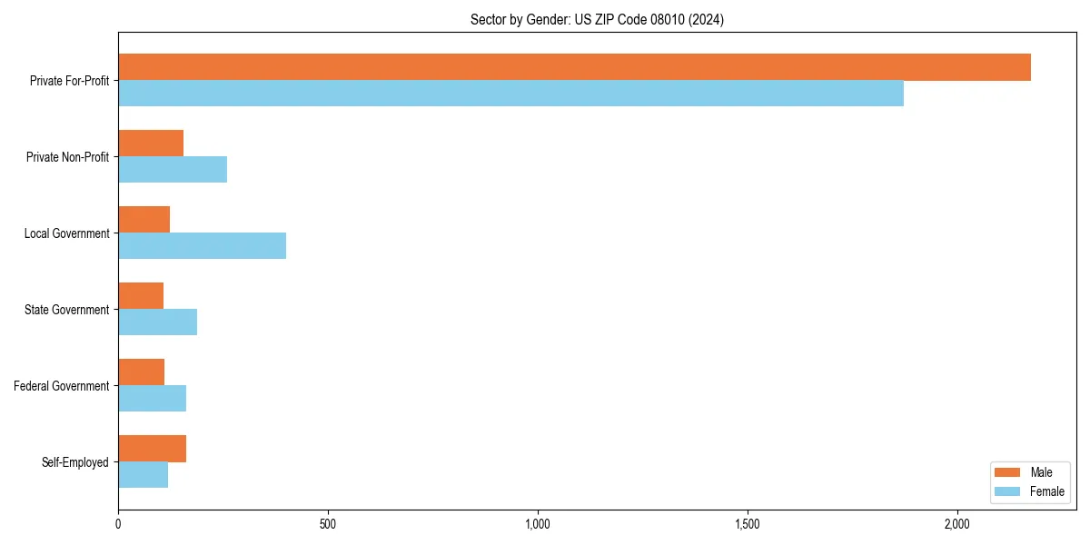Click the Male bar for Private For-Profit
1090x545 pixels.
click(x=574, y=67)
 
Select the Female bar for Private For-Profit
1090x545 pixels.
click(x=510, y=94)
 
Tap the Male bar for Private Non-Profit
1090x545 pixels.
click(x=151, y=144)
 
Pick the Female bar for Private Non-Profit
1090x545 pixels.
click(x=173, y=170)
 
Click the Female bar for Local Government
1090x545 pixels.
click(x=202, y=246)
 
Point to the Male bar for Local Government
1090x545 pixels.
click(x=144, y=220)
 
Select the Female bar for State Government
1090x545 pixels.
click(x=157, y=322)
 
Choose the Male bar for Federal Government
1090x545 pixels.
click(x=141, y=372)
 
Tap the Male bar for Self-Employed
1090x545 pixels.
click(x=152, y=449)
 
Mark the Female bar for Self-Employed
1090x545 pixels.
click(x=143, y=475)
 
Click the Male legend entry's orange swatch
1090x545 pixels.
click(x=1008, y=472)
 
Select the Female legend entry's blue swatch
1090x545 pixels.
click(x=1008, y=491)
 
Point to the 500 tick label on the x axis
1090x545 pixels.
click(x=328, y=524)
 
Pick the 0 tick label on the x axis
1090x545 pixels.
click(x=118, y=524)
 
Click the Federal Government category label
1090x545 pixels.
click(x=62, y=386)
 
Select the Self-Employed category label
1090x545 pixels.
click(x=75, y=462)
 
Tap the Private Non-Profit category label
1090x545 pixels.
click(x=67, y=157)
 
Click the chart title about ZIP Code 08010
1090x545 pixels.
click(x=597, y=19)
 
